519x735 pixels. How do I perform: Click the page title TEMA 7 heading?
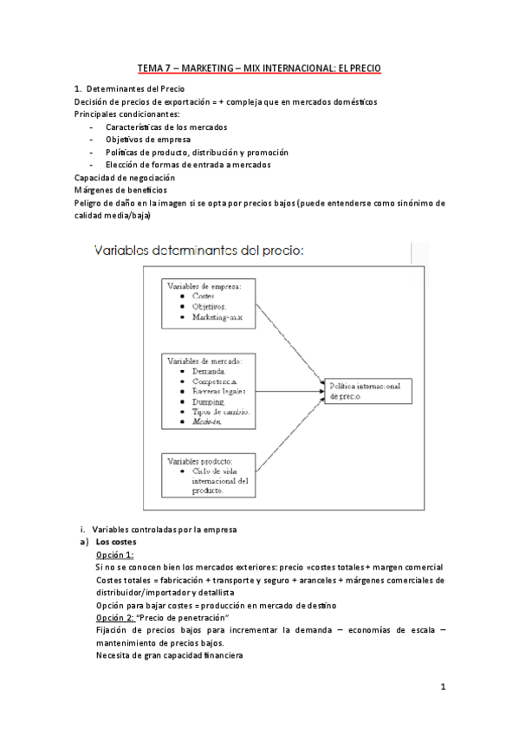tap(259, 68)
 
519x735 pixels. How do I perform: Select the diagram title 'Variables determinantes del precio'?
tap(198, 251)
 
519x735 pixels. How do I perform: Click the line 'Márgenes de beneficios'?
tap(121, 189)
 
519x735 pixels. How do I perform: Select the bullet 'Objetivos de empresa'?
tap(148, 140)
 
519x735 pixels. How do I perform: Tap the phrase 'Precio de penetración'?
tap(188, 616)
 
